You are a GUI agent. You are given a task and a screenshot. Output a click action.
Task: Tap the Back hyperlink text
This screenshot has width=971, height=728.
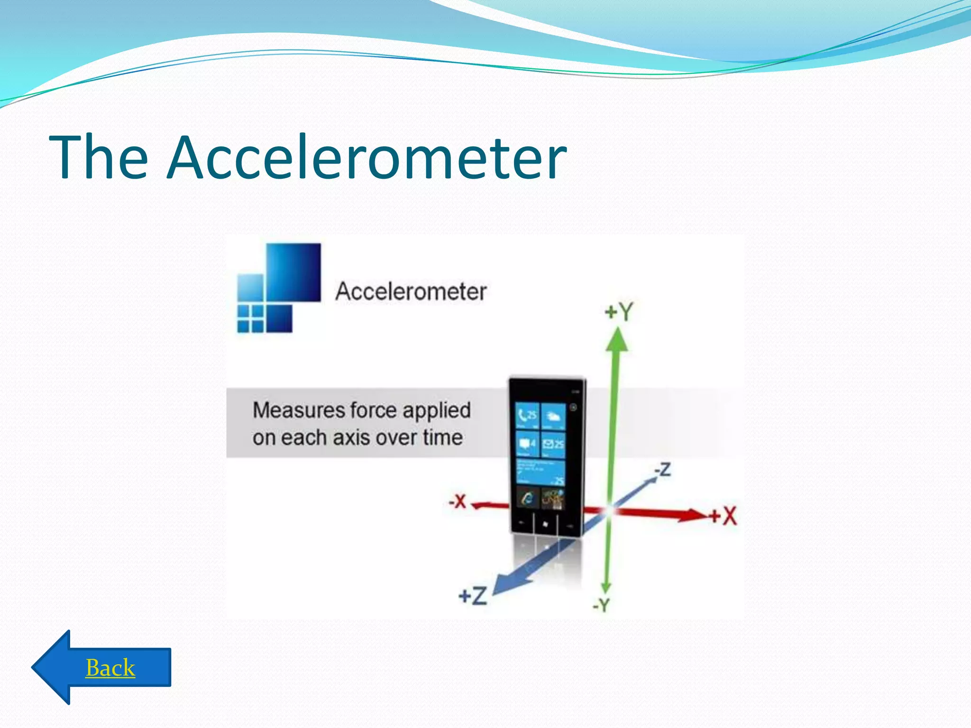(x=110, y=668)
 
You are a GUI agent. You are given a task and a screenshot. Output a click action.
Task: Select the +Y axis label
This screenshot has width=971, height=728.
(x=619, y=312)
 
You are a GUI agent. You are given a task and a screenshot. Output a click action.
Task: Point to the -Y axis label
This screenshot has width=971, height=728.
(x=601, y=605)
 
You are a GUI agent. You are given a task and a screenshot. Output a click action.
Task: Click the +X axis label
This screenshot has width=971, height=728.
(x=724, y=516)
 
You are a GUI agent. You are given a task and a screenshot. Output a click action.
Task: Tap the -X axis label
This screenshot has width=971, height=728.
(x=458, y=501)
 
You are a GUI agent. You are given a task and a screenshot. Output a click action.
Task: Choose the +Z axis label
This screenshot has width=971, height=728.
(x=473, y=596)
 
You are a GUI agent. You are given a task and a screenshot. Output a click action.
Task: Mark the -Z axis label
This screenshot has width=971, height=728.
(x=662, y=469)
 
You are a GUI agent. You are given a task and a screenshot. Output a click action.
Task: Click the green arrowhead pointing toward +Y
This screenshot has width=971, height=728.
(x=617, y=340)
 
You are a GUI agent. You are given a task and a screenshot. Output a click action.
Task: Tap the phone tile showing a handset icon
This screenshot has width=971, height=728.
(x=527, y=415)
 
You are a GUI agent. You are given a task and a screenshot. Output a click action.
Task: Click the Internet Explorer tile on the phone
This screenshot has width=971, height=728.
(x=527, y=498)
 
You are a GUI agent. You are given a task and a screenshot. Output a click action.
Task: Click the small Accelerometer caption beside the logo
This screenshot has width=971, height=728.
(x=411, y=291)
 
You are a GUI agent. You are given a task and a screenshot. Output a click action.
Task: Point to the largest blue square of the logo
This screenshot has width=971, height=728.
(x=293, y=272)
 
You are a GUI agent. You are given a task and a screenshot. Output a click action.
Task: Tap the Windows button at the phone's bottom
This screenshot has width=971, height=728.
(x=545, y=524)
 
